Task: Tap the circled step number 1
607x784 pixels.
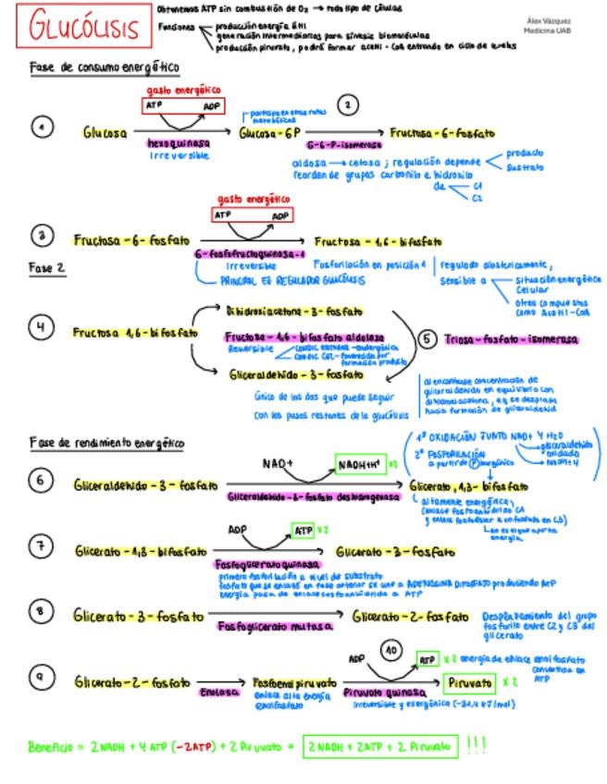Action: [x=42, y=127]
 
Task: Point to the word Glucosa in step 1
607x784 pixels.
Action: [x=105, y=133]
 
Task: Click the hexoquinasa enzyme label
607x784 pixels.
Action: [x=179, y=144]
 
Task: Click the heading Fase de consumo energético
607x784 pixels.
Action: [x=104, y=68]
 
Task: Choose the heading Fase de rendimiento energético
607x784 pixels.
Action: [x=107, y=443]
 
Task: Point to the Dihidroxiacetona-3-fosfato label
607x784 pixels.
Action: [x=293, y=312]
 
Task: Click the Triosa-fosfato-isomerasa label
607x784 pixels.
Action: [x=511, y=339]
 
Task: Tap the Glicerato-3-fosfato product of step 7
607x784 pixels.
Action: [x=395, y=552]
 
